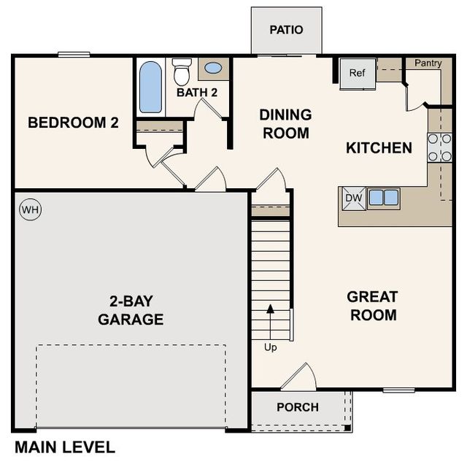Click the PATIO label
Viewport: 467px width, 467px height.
(x=286, y=30)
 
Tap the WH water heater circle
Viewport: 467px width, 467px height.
(x=31, y=210)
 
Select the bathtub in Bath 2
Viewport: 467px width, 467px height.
(x=150, y=86)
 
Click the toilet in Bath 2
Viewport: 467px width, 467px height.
(x=182, y=72)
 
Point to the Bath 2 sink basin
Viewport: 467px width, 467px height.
(x=213, y=69)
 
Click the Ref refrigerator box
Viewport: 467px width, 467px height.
(x=358, y=73)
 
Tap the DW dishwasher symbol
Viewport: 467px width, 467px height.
(x=353, y=198)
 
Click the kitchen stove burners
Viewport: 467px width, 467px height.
(x=439, y=147)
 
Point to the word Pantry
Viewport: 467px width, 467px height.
(x=428, y=63)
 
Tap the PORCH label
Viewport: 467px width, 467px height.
(x=298, y=407)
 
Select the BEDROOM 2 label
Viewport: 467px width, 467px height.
(x=73, y=123)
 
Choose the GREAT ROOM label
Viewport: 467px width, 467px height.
(x=373, y=306)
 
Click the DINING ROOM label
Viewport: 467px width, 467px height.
(x=285, y=124)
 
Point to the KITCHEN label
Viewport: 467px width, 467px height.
(x=379, y=148)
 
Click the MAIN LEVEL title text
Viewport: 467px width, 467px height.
(x=64, y=447)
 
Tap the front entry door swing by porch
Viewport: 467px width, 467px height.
(x=299, y=378)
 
